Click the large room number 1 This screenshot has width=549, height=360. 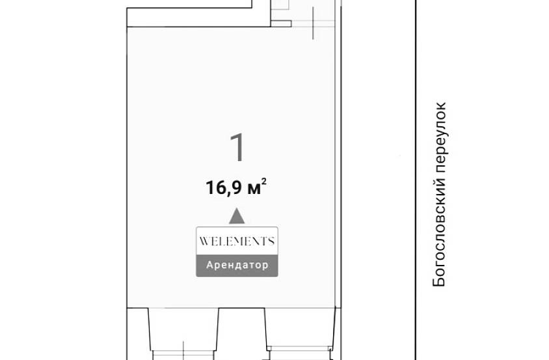coord(237,148)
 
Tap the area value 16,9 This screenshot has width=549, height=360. coord(224,187)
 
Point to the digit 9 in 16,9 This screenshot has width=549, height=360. coord(237,187)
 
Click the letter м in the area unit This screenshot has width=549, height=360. coord(254,189)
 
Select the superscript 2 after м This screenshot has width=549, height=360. coord(264,181)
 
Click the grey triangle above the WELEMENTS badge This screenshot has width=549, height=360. coord(237,216)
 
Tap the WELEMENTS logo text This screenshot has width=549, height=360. coord(237,241)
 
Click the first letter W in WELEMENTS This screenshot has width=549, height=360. coord(204,241)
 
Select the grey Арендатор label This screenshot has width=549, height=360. coord(237,266)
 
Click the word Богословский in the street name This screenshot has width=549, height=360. coord(439,232)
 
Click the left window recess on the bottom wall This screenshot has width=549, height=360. coord(183,329)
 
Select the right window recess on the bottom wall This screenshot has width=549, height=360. coord(300,327)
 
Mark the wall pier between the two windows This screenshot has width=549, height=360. coord(242,334)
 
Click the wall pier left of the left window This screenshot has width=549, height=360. coord(139,334)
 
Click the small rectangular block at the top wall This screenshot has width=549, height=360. coord(281,23)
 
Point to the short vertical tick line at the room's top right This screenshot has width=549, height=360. coord(313,23)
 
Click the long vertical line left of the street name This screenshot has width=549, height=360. coord(416,180)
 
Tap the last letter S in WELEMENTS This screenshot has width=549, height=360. coord(271,241)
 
